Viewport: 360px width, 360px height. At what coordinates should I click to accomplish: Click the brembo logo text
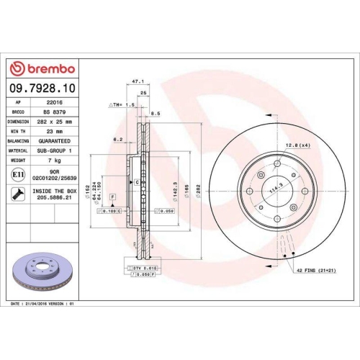(48, 68)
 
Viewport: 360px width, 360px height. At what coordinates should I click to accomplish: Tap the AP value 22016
(53, 103)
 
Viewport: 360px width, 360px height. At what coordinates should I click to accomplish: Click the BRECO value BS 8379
(53, 112)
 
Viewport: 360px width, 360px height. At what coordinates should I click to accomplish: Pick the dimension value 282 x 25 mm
(53, 122)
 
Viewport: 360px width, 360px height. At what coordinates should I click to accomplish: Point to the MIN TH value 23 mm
(53, 132)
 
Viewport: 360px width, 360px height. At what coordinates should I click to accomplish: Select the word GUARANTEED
(53, 141)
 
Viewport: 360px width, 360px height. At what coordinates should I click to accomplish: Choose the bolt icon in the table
(17, 193)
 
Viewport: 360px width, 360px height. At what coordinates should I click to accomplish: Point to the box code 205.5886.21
(53, 204)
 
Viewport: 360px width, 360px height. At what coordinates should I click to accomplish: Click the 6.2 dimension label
(117, 139)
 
